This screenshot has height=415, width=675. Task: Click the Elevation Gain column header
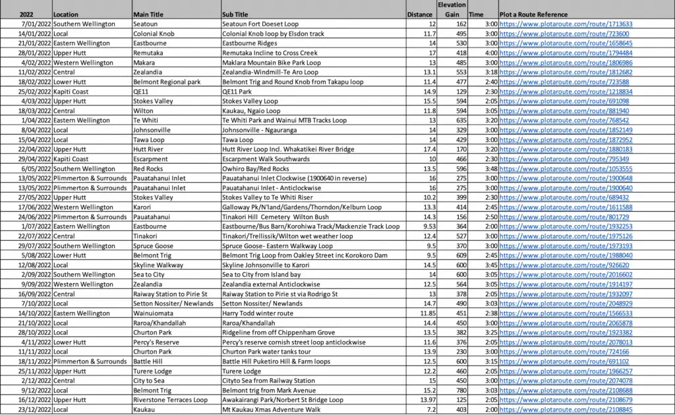coord(452,9)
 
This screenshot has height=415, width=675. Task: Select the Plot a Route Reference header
coord(533,14)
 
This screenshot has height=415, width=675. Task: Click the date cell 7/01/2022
coord(36,24)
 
